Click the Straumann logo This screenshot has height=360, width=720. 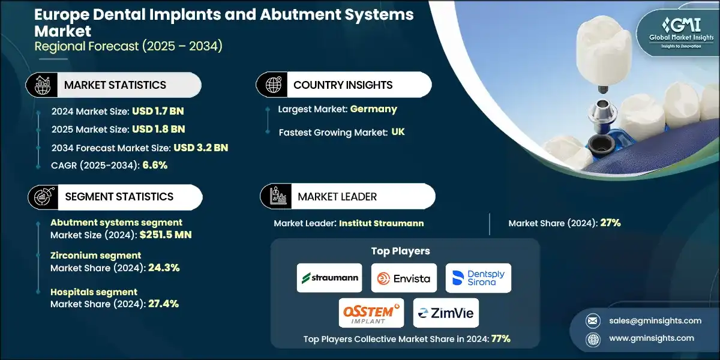coord(329,278)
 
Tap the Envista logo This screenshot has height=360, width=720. coord(404,278)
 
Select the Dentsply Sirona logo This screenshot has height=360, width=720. coord(478,278)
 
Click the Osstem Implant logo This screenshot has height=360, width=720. coord(371,313)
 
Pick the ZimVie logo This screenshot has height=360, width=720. coord(445,313)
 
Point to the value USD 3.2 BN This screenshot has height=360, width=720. coord(200,148)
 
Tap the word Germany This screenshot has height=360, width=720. coord(374,109)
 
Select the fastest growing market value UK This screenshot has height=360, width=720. coord(398,132)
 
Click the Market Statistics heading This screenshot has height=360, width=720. coord(115,85)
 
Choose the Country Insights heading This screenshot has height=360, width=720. coord(343,85)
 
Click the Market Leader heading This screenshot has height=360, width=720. coord(337,197)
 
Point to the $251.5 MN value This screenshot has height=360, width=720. coord(164,235)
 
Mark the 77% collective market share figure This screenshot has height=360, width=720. coord(500,338)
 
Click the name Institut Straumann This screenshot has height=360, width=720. coord(381,223)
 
